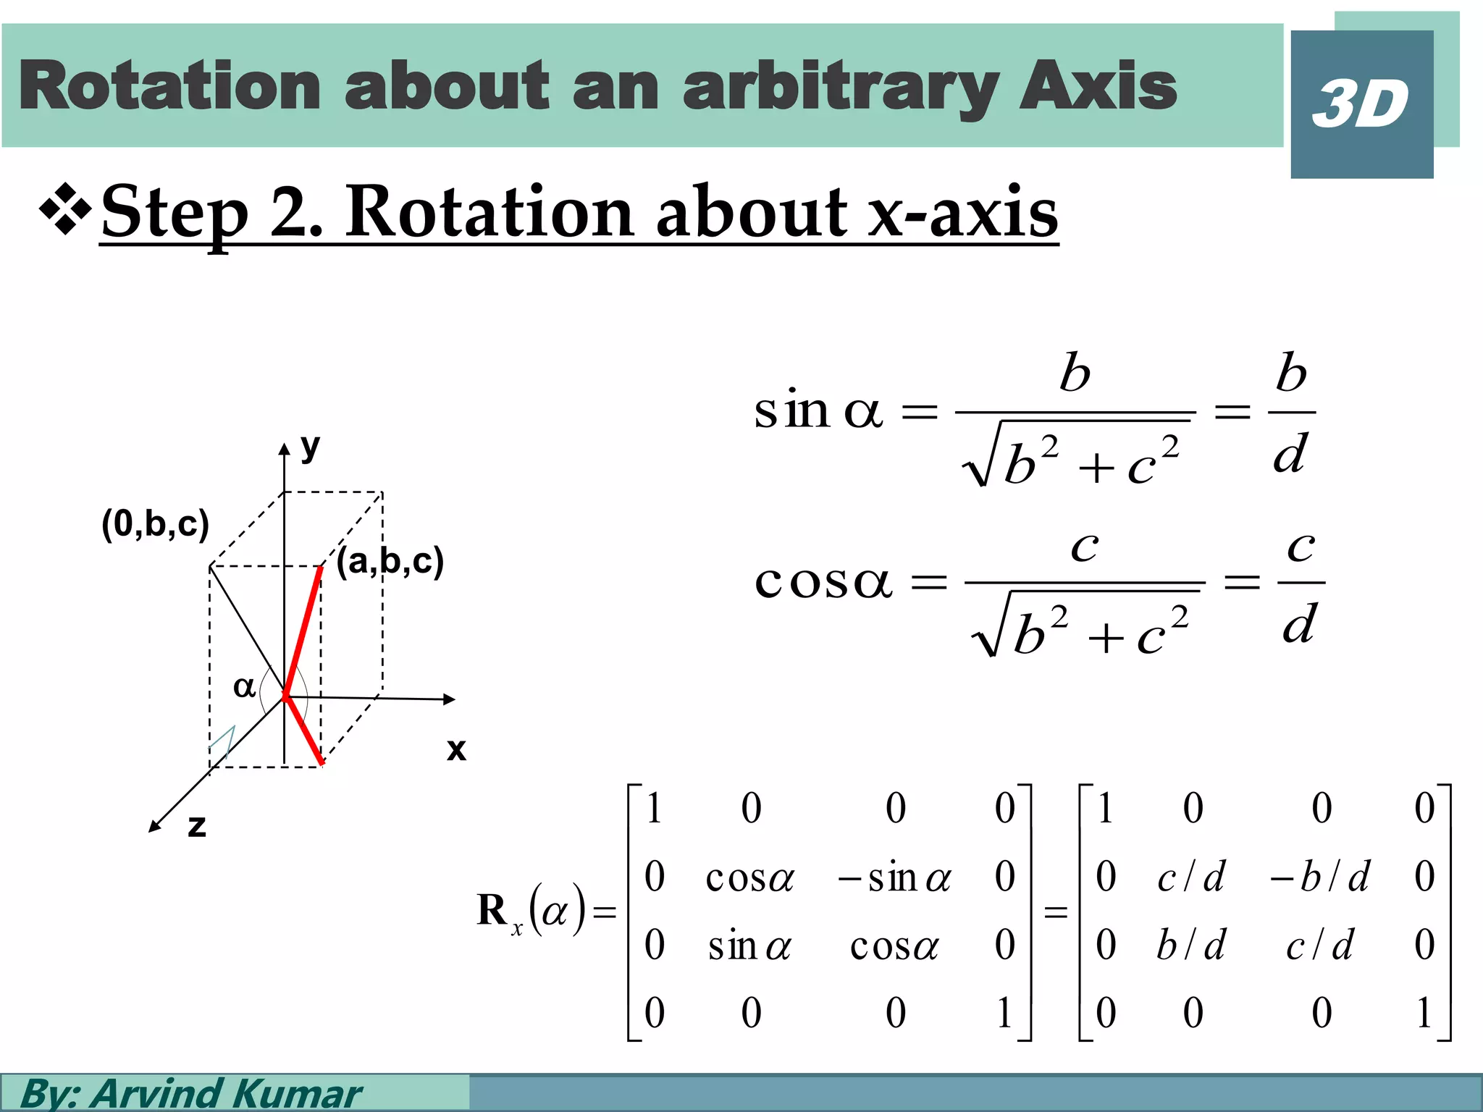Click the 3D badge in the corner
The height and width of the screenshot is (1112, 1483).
click(1361, 104)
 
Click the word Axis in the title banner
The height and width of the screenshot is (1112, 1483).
click(1098, 87)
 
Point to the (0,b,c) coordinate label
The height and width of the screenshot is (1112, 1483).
click(155, 523)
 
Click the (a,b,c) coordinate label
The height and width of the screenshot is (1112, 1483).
click(390, 561)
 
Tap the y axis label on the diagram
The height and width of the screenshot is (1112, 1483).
click(310, 447)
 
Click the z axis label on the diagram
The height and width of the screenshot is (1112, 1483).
click(196, 826)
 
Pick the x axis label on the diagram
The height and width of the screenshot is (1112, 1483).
click(456, 749)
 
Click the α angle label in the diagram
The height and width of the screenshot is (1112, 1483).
click(244, 686)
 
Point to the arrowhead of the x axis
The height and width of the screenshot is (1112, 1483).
click(450, 699)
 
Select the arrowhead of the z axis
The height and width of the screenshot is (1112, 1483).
click(154, 827)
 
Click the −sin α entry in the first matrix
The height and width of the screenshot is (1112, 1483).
click(894, 878)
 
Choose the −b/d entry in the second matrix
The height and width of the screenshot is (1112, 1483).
click(1319, 877)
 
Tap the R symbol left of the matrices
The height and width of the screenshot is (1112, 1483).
click(492, 910)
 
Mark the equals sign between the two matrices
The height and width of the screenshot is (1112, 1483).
click(1055, 912)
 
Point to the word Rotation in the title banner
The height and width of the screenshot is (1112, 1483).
click(169, 87)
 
